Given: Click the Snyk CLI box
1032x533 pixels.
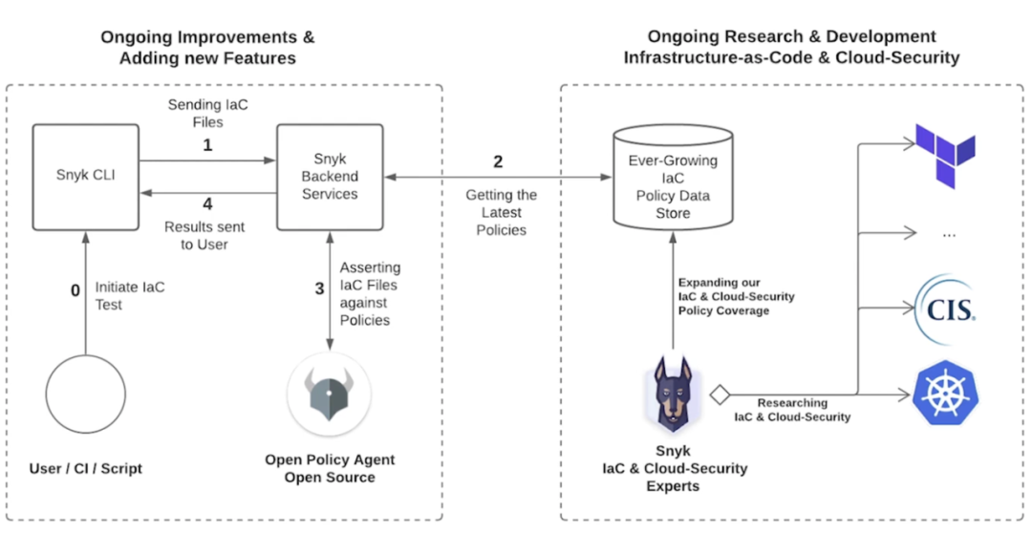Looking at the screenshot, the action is [86, 177].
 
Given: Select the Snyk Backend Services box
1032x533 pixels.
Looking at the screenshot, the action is [330, 177].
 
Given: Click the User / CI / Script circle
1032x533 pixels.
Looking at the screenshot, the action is [86, 394].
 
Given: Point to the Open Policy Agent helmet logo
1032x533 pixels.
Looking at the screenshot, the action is [329, 394].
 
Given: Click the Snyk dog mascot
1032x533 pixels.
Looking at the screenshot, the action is [672, 394].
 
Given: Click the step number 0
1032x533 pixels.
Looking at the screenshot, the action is [75, 289].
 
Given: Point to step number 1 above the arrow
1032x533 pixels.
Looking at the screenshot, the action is [208, 145].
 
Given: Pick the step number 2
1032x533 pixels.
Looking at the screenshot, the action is [498, 161].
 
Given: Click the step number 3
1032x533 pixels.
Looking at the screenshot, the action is [319, 289].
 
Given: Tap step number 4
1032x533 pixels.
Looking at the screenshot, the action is [208, 204].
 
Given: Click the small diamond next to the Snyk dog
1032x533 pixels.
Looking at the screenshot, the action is [720, 394].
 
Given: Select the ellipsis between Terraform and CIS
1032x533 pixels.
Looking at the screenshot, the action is [949, 234].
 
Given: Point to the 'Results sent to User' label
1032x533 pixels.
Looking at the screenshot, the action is [204, 236].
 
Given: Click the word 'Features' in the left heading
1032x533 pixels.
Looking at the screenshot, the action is [254, 58].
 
